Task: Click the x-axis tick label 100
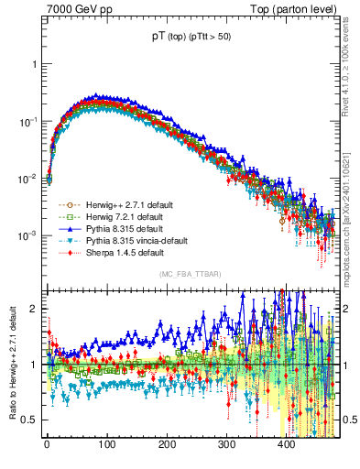point(106,444)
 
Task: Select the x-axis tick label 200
point(167,444)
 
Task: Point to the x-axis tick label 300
point(226,444)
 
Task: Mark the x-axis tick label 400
point(287,444)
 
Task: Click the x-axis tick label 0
point(47,444)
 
